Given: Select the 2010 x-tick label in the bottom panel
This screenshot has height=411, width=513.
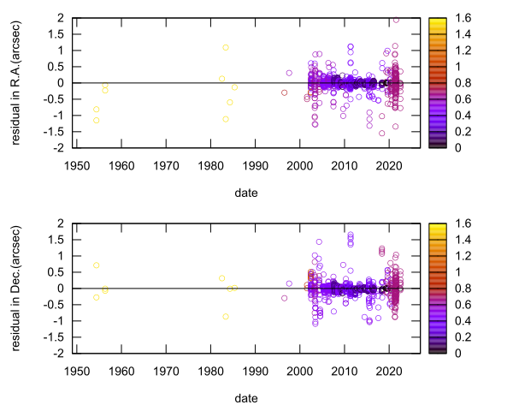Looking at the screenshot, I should [345, 372].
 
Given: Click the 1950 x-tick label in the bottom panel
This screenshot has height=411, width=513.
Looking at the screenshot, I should [77, 372].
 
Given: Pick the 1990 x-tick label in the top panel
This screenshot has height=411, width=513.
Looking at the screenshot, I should [256, 166].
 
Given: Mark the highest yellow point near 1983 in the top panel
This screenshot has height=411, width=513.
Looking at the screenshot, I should [226, 48].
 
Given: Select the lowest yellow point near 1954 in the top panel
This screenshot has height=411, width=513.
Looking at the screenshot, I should [97, 120].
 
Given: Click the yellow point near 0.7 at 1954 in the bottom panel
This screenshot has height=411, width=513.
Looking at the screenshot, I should [97, 265].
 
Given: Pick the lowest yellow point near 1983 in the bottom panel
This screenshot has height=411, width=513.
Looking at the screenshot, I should [226, 317].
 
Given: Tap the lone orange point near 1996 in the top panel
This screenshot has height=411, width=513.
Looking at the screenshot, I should [285, 92].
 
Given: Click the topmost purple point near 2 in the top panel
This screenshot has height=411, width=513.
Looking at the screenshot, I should [395, 19].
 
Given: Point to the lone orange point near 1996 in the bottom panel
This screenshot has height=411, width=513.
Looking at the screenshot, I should [285, 298].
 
